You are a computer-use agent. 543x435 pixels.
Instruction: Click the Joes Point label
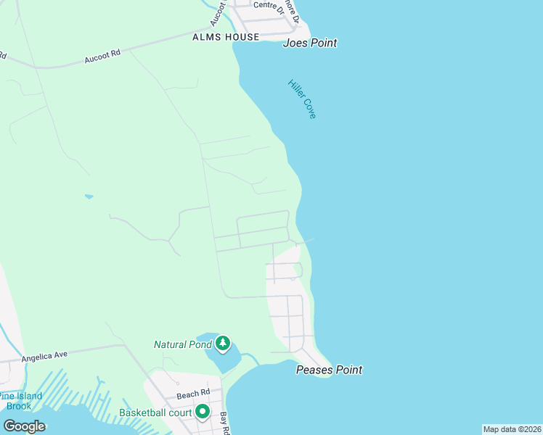click(x=310, y=43)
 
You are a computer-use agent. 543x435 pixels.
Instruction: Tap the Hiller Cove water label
click(x=302, y=99)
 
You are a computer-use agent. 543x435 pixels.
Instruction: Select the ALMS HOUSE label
click(x=226, y=37)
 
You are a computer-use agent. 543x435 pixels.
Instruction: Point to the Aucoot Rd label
click(x=102, y=56)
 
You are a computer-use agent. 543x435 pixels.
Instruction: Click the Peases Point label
click(x=329, y=370)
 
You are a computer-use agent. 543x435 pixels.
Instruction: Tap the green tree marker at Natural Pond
click(x=223, y=342)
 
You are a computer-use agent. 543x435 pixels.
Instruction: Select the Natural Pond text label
click(x=181, y=344)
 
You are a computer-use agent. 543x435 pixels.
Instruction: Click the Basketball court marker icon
click(x=203, y=413)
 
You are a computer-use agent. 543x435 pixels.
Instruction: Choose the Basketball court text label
click(x=155, y=414)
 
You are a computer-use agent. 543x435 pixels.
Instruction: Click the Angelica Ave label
click(x=44, y=356)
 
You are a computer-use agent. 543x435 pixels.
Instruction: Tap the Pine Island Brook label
click(x=20, y=401)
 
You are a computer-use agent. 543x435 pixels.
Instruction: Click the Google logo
click(x=24, y=426)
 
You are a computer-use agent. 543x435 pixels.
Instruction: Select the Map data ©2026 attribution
click(x=512, y=429)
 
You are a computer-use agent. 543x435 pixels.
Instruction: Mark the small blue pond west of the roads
click(x=89, y=196)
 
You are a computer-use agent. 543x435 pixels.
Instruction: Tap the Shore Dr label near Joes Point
click(x=292, y=10)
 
